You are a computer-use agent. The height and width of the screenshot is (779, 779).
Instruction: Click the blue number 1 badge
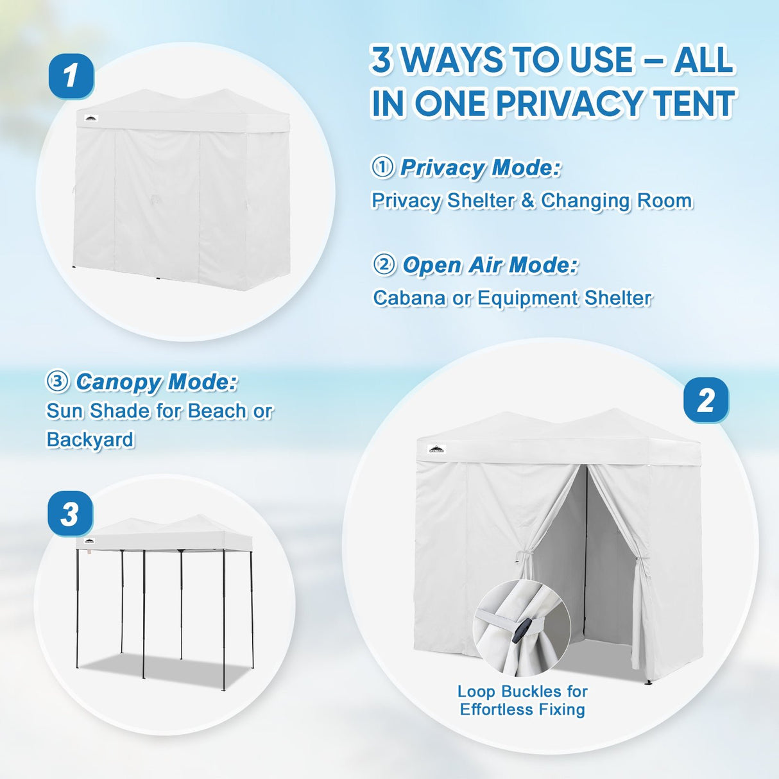71,76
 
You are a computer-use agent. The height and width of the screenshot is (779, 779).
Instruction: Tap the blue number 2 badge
705,400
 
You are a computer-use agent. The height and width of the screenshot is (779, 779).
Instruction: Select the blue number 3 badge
70,514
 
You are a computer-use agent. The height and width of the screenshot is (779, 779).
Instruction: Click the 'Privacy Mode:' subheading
480,167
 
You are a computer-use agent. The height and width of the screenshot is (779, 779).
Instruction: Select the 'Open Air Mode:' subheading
490,264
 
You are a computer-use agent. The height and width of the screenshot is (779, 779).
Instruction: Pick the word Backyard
90,440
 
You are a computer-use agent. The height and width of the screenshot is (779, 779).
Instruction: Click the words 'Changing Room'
617,201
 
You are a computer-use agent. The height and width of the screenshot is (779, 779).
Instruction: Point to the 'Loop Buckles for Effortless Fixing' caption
522,701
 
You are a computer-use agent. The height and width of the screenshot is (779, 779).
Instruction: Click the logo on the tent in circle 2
437,449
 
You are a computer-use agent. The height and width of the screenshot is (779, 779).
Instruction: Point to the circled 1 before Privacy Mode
383,167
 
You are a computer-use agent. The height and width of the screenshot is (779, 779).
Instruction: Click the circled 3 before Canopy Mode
58,382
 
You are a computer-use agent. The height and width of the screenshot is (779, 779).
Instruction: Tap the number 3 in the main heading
382,60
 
